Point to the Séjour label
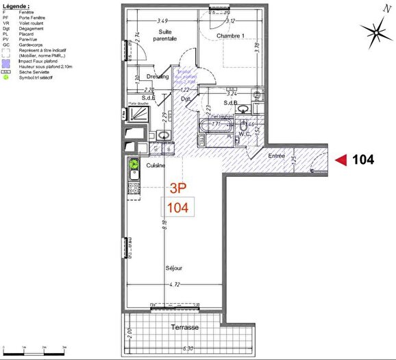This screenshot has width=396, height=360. pos(173,268)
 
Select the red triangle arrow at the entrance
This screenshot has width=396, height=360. pos(341,160)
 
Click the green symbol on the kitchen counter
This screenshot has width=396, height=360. pos(134,164)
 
